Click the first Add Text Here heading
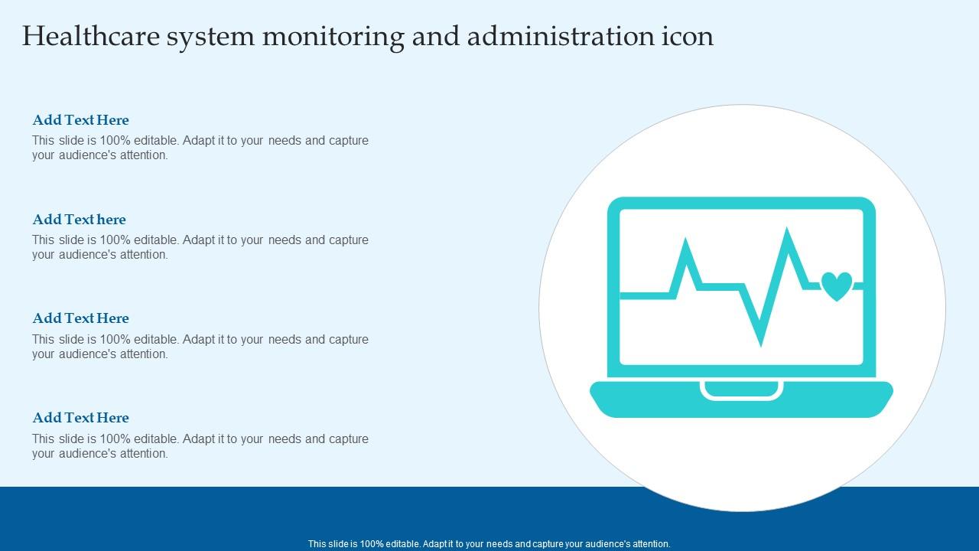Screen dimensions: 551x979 (x=80, y=120)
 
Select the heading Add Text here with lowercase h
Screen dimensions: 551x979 (x=79, y=220)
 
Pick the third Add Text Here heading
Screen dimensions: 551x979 (x=80, y=318)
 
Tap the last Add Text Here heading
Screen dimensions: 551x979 (x=80, y=418)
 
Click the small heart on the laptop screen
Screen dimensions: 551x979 (x=837, y=286)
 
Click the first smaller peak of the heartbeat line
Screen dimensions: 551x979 (x=685, y=244)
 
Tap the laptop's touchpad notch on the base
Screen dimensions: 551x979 (x=741, y=390)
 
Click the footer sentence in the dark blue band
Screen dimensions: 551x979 (x=489, y=544)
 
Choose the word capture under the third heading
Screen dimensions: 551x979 (x=349, y=340)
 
